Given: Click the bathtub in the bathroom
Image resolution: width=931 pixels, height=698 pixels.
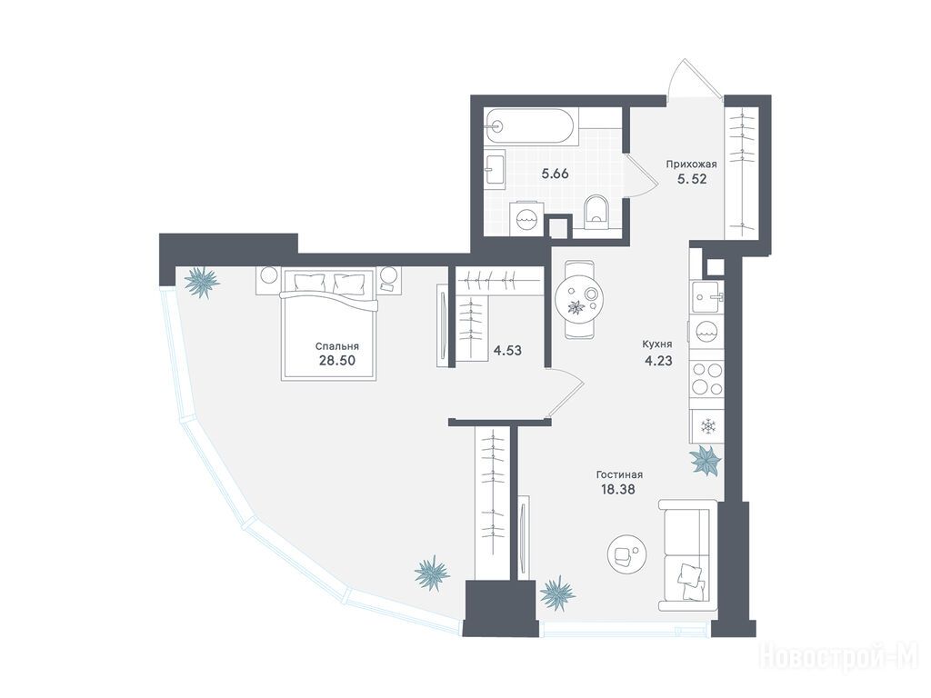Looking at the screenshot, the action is [530, 125].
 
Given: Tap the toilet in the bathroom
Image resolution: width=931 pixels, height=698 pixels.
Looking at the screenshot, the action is [595, 211].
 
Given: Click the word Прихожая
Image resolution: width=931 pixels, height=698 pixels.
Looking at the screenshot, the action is [691, 165].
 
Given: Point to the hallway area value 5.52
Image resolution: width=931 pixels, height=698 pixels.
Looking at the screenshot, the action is [692, 179].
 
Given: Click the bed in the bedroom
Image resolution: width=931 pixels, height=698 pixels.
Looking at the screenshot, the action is [329, 324].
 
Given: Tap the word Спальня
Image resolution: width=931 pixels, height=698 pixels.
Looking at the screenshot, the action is [336, 346].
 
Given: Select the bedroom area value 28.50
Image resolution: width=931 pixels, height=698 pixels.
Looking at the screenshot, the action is [337, 360].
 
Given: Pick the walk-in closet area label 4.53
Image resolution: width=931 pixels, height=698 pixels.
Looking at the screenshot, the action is [507, 351].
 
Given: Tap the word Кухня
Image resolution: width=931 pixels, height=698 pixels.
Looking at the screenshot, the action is [657, 344].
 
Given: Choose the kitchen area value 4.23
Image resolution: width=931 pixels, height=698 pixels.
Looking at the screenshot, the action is [658, 360].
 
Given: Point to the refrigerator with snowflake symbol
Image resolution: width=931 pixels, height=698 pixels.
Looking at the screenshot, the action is [707, 426].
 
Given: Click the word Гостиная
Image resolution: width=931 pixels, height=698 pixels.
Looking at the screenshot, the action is [620, 474].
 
